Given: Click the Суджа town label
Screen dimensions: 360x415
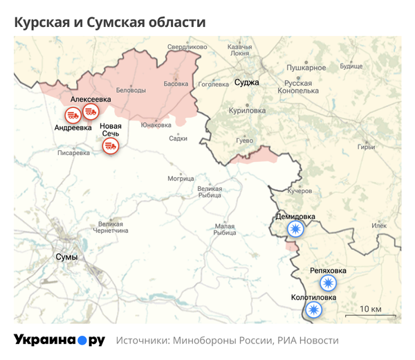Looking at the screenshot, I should (247, 82).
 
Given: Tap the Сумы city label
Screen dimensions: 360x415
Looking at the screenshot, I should (66, 257).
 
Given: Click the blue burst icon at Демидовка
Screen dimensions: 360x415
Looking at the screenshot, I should (296, 229).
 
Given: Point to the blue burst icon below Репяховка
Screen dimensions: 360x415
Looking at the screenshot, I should (328, 282).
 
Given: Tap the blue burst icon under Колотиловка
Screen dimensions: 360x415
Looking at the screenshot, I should (314, 309).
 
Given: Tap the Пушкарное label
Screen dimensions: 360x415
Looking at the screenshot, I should (306, 68).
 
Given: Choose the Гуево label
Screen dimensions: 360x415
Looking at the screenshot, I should (245, 140).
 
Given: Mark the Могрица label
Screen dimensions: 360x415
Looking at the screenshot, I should (181, 178).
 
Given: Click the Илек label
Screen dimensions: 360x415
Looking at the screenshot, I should (379, 226).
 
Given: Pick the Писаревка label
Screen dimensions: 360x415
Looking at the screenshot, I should (73, 153).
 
